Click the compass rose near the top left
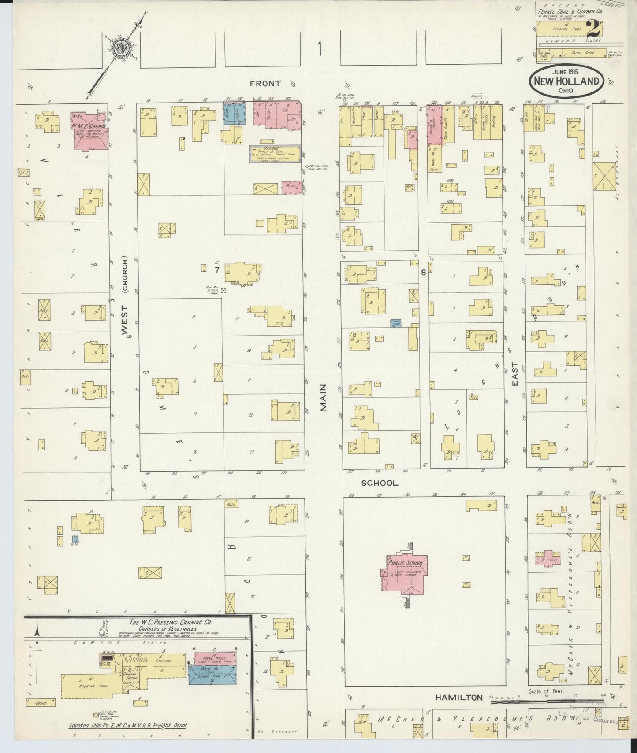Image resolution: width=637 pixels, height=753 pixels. (x=119, y=49)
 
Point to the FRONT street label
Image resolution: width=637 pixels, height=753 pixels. (x=264, y=83)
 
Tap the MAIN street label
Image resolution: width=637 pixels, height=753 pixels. (x=324, y=397)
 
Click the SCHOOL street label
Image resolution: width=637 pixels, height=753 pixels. (x=380, y=483)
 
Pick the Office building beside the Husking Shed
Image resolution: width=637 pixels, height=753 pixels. (x=42, y=715)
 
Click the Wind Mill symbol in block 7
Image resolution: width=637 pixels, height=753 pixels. (x=224, y=290)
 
